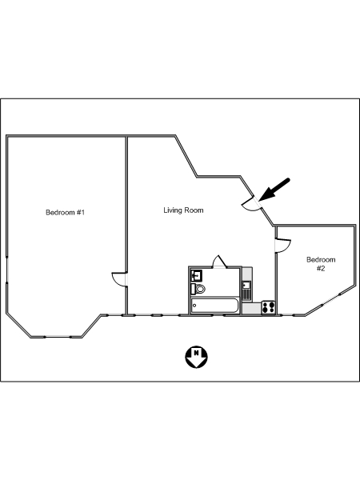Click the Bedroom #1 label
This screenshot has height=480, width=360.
click(65, 212)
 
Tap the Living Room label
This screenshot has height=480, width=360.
click(183, 210)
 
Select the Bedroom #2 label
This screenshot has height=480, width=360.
click(321, 264)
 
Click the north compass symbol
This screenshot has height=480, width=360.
click(196, 357)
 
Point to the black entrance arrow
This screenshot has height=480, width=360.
click(274, 190)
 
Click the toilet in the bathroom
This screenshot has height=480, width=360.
click(198, 289)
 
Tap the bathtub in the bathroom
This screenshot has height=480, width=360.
click(214, 306)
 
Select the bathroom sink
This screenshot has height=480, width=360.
click(196, 275)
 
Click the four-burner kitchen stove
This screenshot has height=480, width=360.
click(269, 307)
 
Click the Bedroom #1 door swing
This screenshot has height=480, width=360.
click(119, 279)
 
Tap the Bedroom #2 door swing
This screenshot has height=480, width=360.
click(283, 246)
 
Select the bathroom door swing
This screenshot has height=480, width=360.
click(219, 262)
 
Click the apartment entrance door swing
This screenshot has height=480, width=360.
click(252, 205)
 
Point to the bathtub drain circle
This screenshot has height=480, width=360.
click(194, 306)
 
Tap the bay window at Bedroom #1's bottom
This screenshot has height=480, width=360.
click(58, 337)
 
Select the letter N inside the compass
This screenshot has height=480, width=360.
click(196, 353)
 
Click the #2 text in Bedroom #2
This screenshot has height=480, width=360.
click(321, 269)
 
